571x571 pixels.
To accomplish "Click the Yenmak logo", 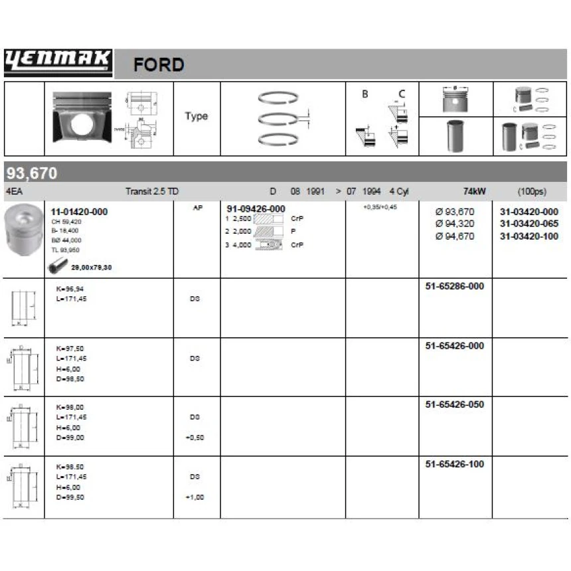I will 58,62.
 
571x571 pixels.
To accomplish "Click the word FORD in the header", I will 159,65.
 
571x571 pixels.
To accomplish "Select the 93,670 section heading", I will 32,174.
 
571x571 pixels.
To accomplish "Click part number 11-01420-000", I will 79,212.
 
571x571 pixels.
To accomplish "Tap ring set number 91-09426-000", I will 256,208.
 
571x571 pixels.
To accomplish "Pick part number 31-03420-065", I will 529,224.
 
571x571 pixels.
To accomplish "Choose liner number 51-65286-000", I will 454,286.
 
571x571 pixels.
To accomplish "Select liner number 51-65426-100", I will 454,464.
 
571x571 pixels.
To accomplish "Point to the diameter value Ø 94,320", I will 455,224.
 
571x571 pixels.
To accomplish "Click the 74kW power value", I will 475,191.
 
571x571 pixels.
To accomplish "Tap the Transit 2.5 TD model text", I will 152,191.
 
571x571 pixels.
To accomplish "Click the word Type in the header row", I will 196,116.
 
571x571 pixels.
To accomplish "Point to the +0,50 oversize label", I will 195,438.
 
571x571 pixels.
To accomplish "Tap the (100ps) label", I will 530,191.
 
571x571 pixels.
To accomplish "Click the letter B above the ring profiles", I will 365,94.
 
